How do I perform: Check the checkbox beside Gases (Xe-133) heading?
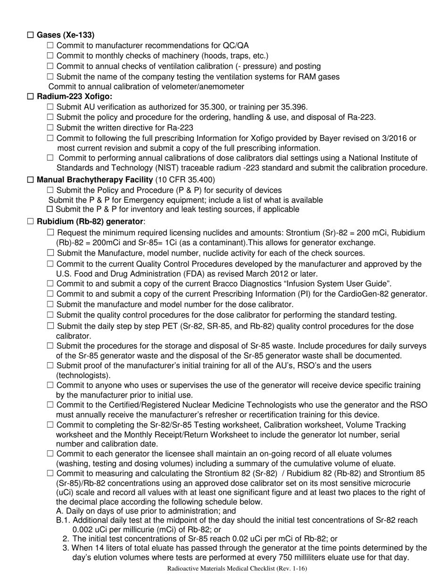31,35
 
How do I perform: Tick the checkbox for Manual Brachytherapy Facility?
31,180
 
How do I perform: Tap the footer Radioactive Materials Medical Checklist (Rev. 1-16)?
237,569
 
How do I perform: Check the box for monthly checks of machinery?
50,56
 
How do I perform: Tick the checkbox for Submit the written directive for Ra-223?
50,128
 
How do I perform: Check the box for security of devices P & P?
50,190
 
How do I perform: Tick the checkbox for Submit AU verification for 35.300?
50,107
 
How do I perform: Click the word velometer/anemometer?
206,87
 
